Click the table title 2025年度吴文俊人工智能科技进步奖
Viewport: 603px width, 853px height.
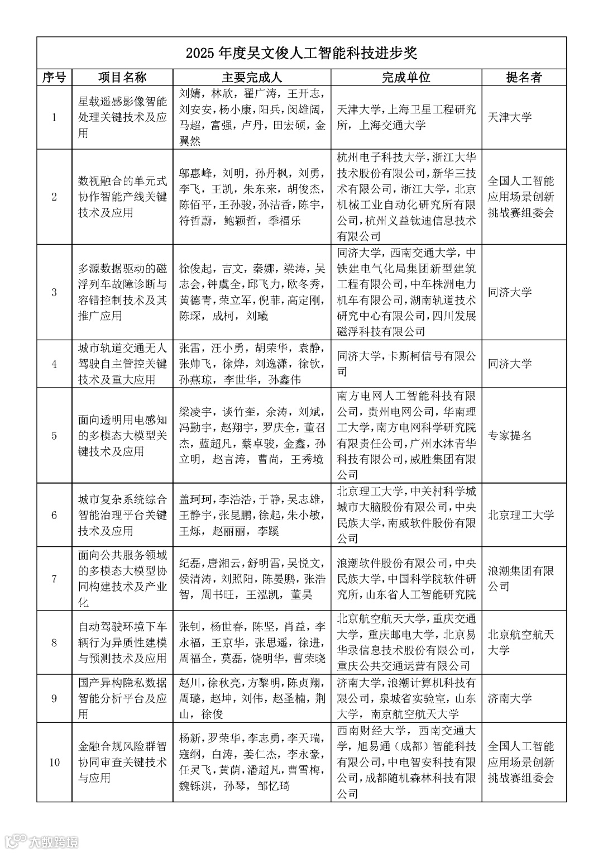(x=301, y=54)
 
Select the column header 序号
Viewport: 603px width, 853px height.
(x=54, y=77)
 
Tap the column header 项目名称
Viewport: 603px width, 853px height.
(x=122, y=77)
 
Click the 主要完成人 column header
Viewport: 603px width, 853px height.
(x=252, y=77)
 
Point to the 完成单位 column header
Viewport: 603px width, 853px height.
(x=406, y=77)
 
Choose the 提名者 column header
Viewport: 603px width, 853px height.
(x=524, y=77)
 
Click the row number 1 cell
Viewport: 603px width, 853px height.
(x=54, y=117)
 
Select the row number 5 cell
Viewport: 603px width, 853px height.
(x=54, y=436)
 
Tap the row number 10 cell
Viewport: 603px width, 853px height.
(x=54, y=762)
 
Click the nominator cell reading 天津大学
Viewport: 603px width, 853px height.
(x=510, y=117)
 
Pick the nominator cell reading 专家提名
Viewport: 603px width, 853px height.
(x=510, y=436)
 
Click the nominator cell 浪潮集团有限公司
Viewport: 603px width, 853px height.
(x=520, y=579)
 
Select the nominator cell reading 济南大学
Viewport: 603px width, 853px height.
(x=510, y=698)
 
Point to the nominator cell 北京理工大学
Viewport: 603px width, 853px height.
(x=521, y=515)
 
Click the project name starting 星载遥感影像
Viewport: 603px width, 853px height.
(x=122, y=117)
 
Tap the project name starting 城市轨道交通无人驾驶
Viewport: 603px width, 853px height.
(x=122, y=364)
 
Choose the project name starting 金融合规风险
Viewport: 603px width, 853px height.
(x=122, y=762)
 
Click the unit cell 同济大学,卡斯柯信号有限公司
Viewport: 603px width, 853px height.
(x=406, y=364)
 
